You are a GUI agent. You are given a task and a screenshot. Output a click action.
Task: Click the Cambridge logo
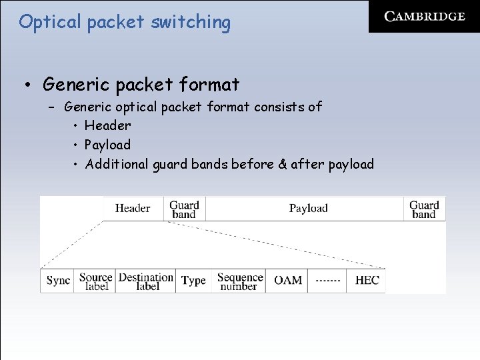tap(425, 17)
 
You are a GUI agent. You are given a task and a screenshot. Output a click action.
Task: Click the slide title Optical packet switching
tap(125, 22)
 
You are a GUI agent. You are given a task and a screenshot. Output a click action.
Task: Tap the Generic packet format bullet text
tap(141, 85)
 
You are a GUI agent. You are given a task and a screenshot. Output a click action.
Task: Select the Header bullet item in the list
tap(107, 125)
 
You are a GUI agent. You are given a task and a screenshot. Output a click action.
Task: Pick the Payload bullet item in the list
tap(107, 145)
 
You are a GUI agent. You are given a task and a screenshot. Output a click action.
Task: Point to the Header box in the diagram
tap(133, 208)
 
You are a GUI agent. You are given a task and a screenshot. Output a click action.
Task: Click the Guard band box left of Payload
tap(184, 209)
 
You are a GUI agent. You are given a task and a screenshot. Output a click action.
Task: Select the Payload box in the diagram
tap(308, 208)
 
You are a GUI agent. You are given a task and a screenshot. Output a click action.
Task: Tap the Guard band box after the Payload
tap(424, 209)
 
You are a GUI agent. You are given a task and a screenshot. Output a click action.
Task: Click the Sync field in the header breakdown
tap(58, 281)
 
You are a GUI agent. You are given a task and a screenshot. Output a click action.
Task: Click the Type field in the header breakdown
tap(193, 281)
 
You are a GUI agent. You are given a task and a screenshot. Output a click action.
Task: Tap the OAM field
tap(288, 281)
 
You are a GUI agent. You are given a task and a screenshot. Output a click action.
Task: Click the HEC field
tap(367, 281)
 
